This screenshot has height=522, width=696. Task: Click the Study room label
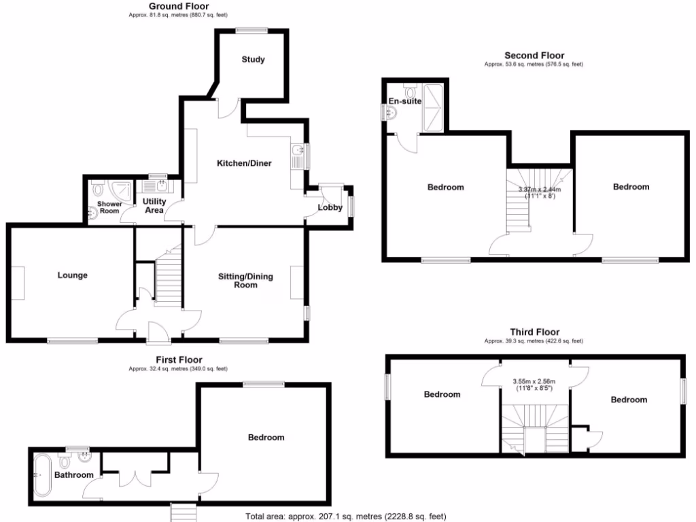click(253, 60)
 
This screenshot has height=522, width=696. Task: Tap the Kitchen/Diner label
click(245, 164)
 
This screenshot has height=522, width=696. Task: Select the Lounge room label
click(72, 275)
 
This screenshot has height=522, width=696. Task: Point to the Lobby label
click(330, 207)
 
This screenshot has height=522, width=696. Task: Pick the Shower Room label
click(109, 207)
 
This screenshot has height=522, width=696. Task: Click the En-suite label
click(405, 101)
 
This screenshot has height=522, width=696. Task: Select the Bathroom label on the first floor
click(73, 475)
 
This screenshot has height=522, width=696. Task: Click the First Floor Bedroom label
click(265, 437)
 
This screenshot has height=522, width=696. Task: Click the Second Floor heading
click(534, 56)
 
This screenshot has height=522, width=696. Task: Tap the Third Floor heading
click(534, 332)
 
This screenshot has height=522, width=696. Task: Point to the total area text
click(346, 517)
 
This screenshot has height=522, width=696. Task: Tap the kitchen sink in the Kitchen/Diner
click(298, 151)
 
